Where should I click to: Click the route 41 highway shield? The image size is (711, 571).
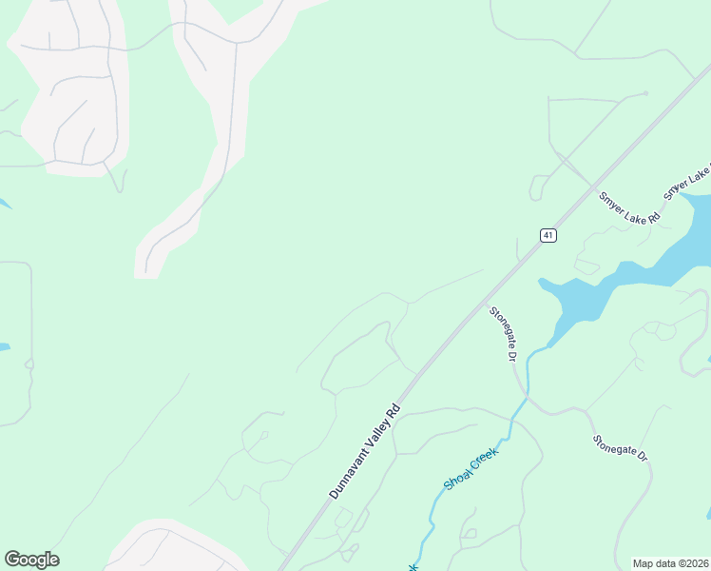click(x=548, y=235)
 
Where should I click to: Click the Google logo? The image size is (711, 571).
click(x=31, y=560)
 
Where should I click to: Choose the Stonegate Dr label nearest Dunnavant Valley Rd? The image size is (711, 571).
click(x=503, y=333)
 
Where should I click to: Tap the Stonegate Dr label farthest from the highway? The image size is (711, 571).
click(x=620, y=447)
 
